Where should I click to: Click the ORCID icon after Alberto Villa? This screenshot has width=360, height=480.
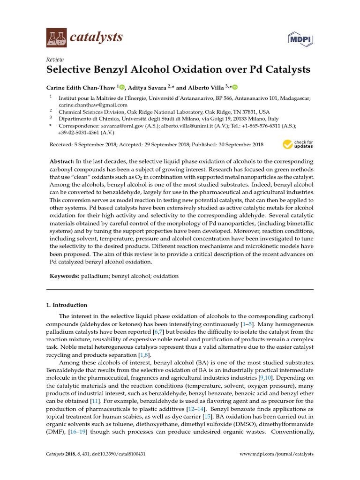[x=235, y=87]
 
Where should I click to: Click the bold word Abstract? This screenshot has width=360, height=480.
[x=63, y=161]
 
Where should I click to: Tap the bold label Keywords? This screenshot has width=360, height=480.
[x=65, y=277]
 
